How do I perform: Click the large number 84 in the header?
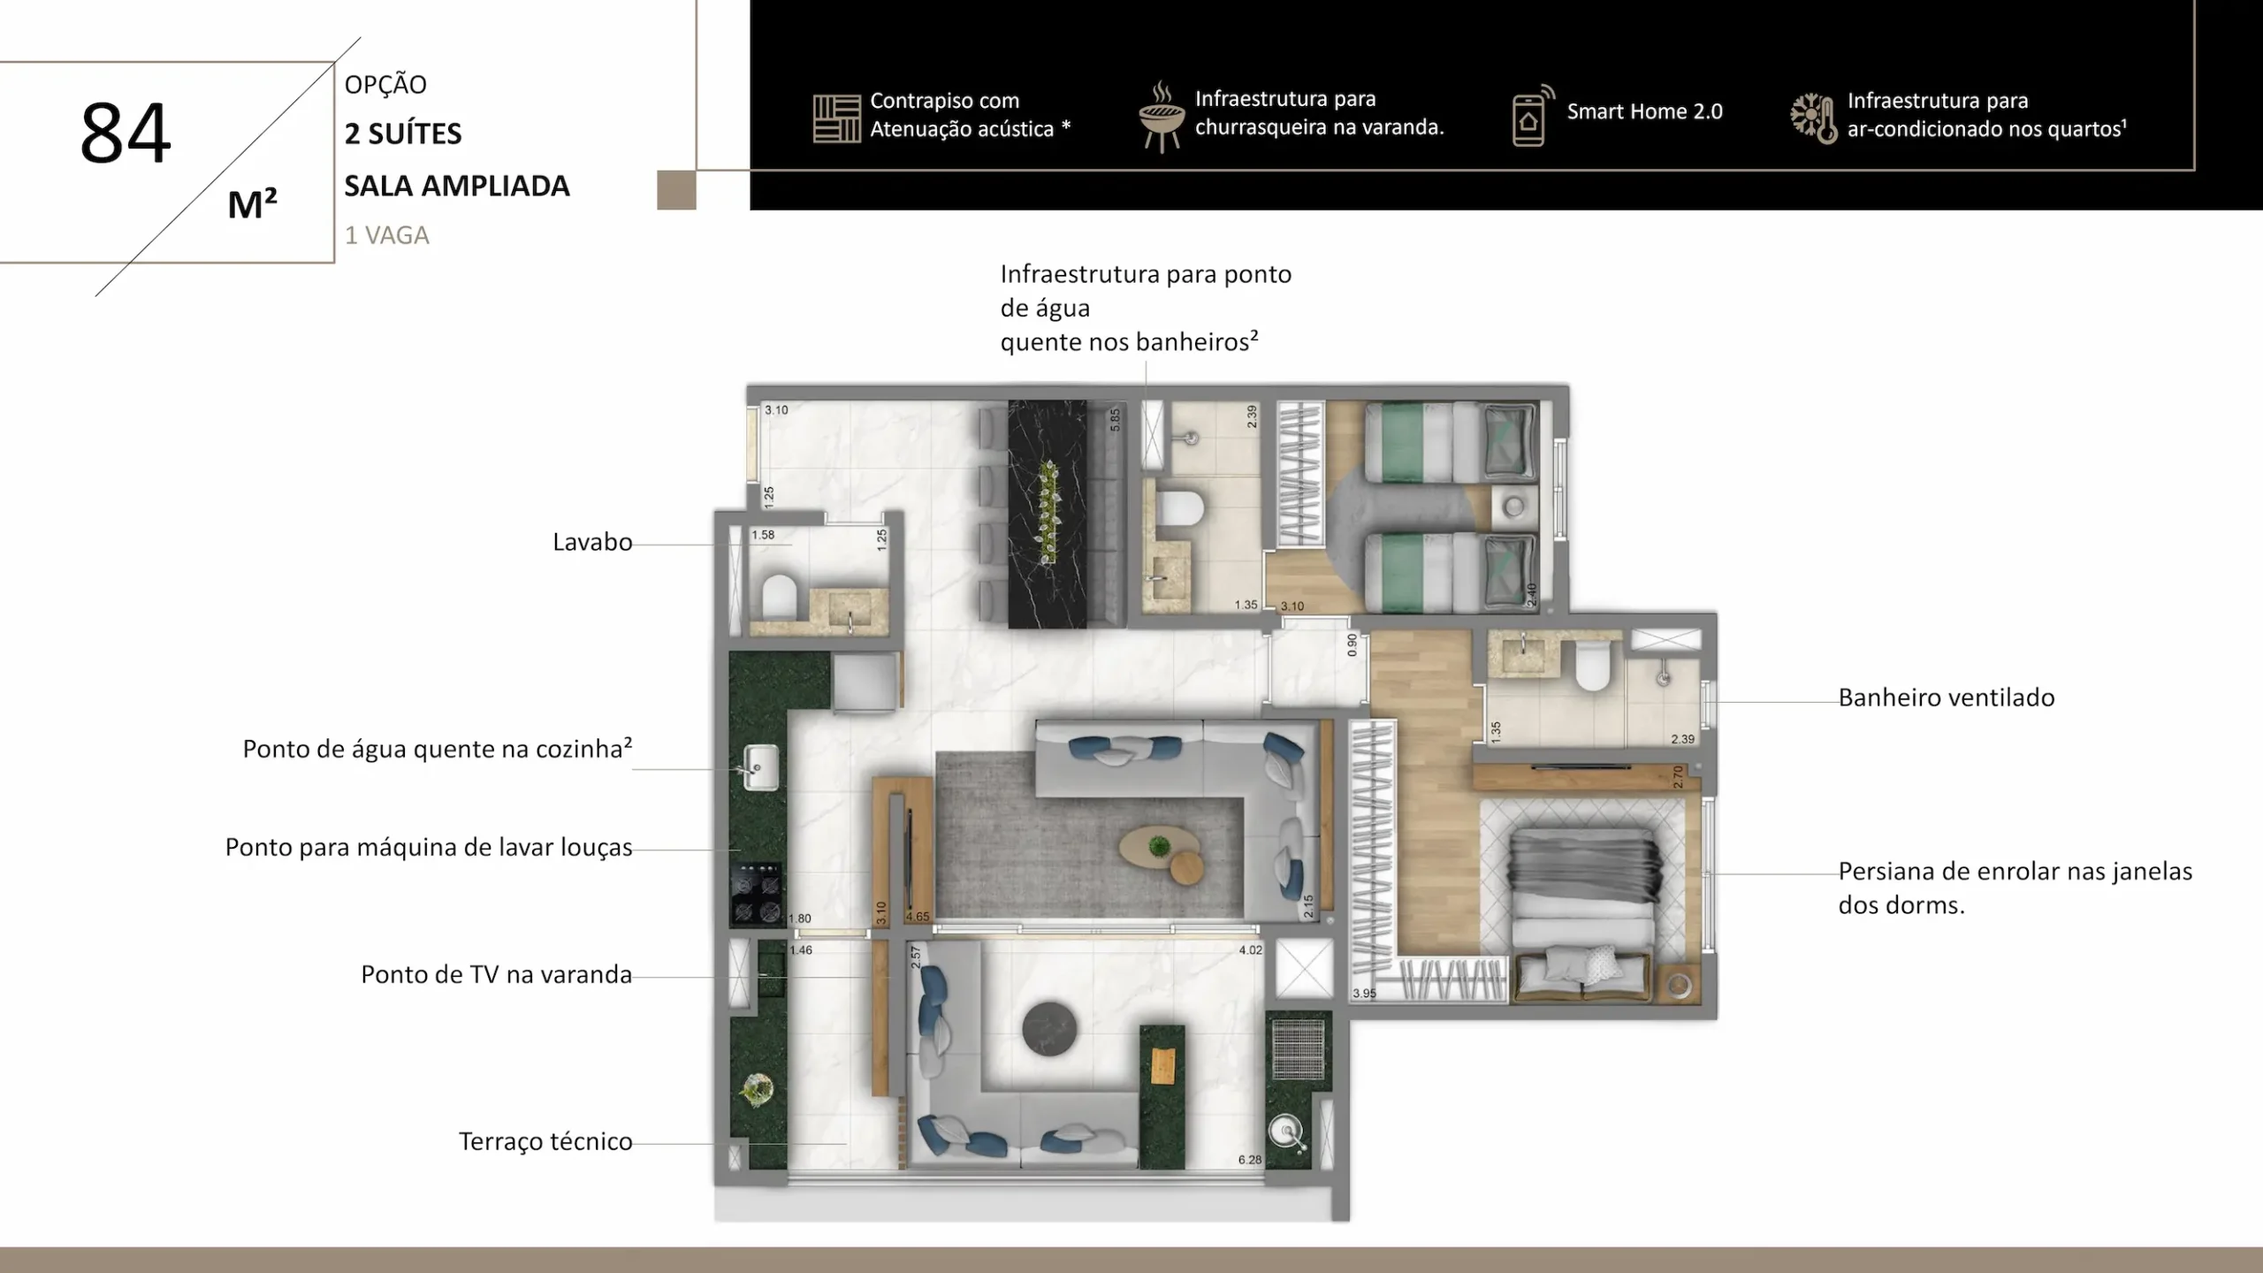(125, 133)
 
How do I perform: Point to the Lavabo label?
(592, 542)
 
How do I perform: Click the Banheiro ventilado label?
(1947, 697)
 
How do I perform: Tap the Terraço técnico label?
(545, 1141)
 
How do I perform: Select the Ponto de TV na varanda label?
(497, 974)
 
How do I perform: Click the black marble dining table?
(1048, 515)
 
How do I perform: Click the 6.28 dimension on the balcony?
(1250, 1160)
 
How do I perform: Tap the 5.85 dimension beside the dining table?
(1116, 419)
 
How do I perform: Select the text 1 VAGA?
(387, 235)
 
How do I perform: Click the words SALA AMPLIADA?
(457, 186)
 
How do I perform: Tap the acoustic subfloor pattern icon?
(836, 118)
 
